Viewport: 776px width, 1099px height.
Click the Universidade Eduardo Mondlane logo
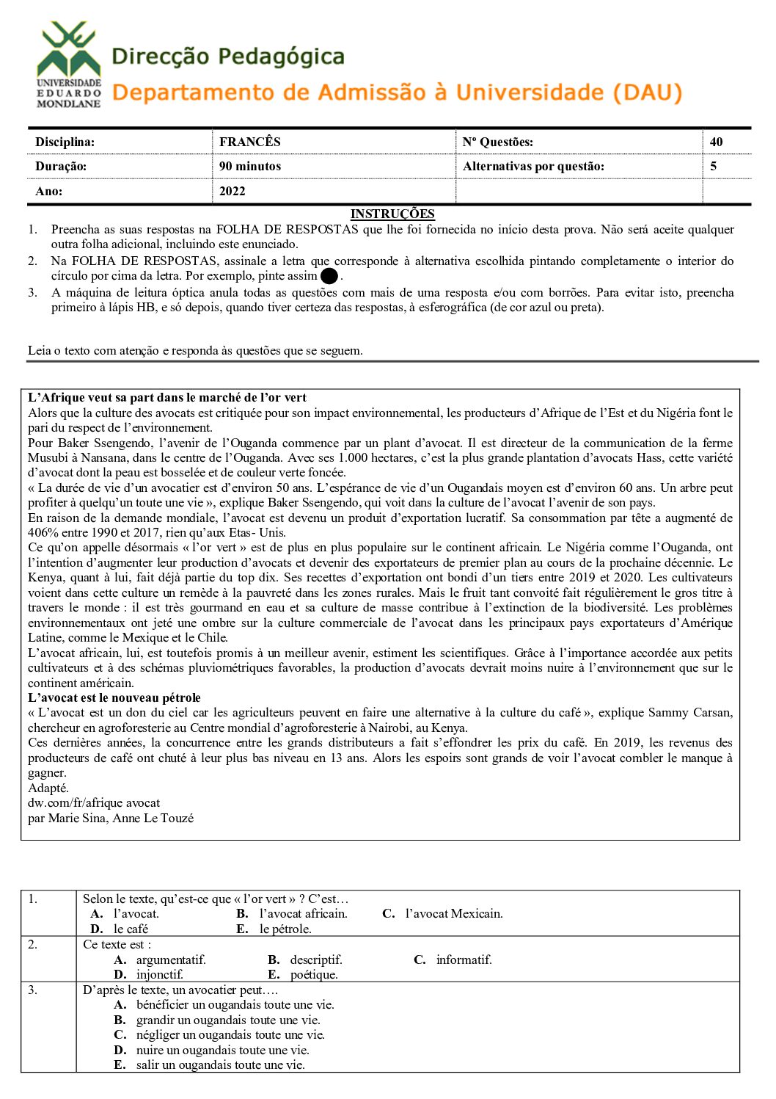(69, 65)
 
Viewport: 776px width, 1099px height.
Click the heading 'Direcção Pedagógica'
(228, 57)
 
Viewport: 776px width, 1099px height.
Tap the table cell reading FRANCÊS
(250, 142)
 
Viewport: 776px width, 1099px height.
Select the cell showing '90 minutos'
(250, 166)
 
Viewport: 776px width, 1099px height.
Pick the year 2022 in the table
(233, 191)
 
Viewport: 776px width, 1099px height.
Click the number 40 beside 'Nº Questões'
(716, 142)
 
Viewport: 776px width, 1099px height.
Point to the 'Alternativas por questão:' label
(533, 166)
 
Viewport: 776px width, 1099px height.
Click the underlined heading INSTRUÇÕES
(392, 214)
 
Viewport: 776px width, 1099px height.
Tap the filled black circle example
(329, 277)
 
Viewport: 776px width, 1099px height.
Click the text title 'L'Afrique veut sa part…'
(167, 397)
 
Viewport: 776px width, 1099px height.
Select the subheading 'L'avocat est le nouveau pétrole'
(114, 697)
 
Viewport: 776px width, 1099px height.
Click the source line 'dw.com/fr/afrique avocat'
(94, 802)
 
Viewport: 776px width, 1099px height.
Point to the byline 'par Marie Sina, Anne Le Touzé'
(111, 818)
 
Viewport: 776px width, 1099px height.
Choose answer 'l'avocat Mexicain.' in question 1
(454, 913)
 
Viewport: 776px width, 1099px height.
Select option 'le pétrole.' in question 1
(285, 929)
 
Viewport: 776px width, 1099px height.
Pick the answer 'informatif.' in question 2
(464, 960)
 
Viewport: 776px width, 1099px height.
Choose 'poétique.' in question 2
(314, 974)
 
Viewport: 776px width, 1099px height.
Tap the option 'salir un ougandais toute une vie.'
(220, 1064)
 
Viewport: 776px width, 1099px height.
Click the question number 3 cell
(33, 990)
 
